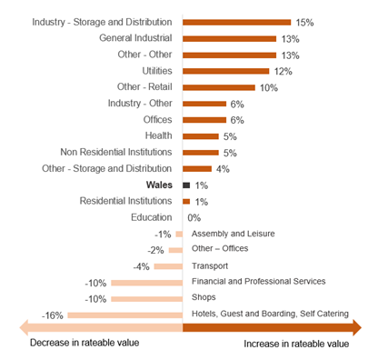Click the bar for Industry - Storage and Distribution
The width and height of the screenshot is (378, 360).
236,22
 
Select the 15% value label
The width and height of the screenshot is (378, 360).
305,22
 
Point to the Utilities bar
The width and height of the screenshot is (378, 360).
225,71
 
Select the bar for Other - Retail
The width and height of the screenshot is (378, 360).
219,87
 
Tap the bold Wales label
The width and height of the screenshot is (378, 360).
160,185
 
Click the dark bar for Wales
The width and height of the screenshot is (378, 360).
186,185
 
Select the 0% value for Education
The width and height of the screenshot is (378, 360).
194,217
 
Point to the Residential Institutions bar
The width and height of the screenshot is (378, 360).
186,201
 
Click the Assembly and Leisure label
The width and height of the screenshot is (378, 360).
233,234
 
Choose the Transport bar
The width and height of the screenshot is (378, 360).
167,266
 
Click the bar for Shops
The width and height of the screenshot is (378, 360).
146,299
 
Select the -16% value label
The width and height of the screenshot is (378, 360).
52,315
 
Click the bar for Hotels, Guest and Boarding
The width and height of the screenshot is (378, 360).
124,315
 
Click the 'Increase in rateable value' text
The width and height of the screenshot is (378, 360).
296,345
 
